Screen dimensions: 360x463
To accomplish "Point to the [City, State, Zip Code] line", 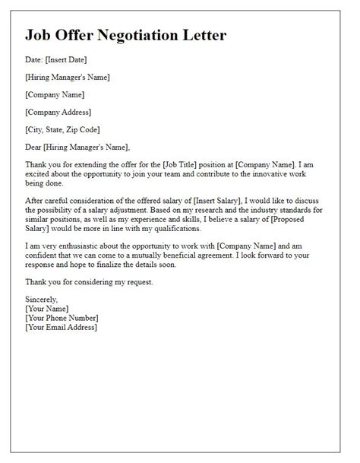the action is (62, 130).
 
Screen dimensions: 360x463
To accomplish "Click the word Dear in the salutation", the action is (35, 147).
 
